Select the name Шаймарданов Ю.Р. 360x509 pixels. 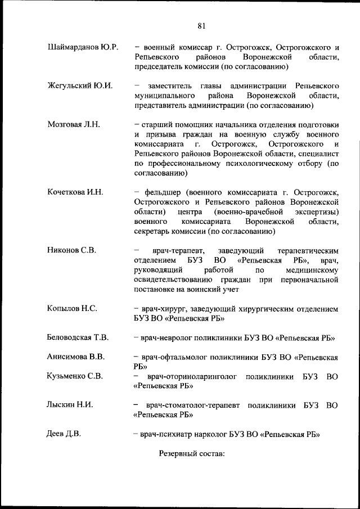pyautogui.click(x=83, y=47)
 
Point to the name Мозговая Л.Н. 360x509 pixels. pyautogui.click(x=74, y=125)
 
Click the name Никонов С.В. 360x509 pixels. pyautogui.click(x=71, y=250)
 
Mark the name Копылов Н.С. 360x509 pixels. pyautogui.click(x=73, y=308)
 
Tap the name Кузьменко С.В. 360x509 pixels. pyautogui.click(x=75, y=376)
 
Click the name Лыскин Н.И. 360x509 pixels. pyautogui.click(x=70, y=405)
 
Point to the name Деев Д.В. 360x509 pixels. pyautogui.click(x=64, y=434)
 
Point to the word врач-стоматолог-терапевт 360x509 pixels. pyautogui.click(x=193, y=405)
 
